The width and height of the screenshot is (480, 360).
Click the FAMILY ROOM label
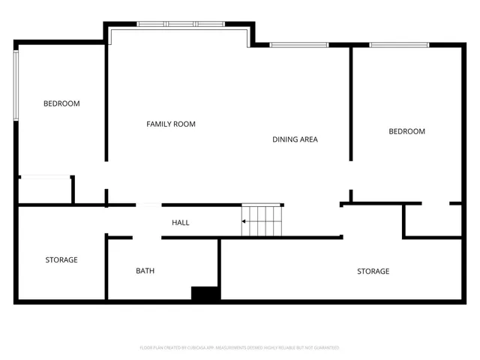click(170, 124)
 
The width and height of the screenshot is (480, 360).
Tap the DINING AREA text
click(295, 139)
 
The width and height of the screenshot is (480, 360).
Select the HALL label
click(180, 223)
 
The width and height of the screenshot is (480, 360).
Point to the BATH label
click(145, 271)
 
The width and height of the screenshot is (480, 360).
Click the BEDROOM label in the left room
click(61, 103)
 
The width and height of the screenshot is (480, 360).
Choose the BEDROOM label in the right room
click(406, 131)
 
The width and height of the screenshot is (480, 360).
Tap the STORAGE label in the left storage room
click(61, 260)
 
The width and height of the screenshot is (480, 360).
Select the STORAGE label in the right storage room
click(373, 271)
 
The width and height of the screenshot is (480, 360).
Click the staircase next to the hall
click(261, 220)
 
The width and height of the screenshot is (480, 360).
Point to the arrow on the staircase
click(244, 221)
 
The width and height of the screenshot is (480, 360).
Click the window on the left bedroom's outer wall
click(16, 84)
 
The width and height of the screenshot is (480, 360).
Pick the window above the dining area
click(299, 45)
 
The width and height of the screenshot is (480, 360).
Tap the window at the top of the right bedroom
click(399, 45)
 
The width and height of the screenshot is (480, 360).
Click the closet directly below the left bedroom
click(44, 190)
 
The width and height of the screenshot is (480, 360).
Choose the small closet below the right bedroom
click(432, 220)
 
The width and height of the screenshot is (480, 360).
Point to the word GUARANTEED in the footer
click(325, 348)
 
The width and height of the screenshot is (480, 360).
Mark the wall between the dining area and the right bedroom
click(350, 105)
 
